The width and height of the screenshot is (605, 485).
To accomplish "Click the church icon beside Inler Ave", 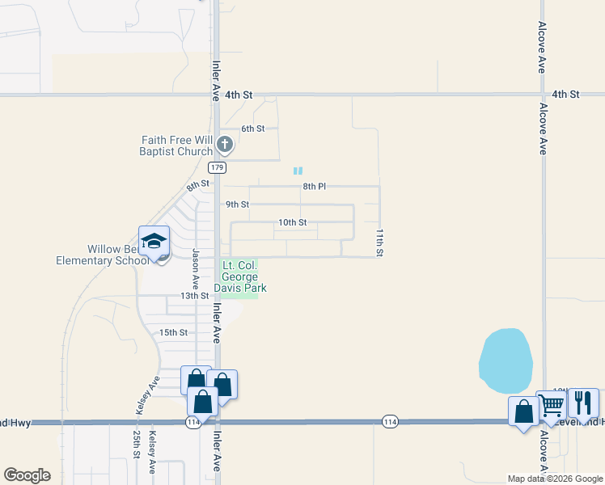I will click(225, 145).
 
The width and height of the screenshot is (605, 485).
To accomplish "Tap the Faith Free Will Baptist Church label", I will click(176, 145).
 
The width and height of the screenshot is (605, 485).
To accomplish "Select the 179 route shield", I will click(216, 167).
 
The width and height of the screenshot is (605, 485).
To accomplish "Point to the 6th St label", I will click(253, 129).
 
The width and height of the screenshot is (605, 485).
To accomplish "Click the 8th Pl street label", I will click(314, 187).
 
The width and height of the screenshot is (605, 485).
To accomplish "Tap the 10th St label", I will click(292, 222).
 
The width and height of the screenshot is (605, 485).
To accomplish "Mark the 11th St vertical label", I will click(378, 242).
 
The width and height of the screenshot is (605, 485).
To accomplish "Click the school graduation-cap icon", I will click(154, 240).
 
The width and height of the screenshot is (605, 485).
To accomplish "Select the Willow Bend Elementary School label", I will click(103, 255).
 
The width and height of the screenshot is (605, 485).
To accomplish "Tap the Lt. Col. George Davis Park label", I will click(239, 276).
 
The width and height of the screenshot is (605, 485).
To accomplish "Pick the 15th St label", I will click(173, 332).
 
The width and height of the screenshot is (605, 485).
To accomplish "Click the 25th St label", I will click(136, 444).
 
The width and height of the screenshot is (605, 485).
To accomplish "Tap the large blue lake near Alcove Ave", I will click(506, 361).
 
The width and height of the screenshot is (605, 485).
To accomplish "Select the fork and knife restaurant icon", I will click(582, 402).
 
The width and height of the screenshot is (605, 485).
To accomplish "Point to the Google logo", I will click(27, 475).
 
